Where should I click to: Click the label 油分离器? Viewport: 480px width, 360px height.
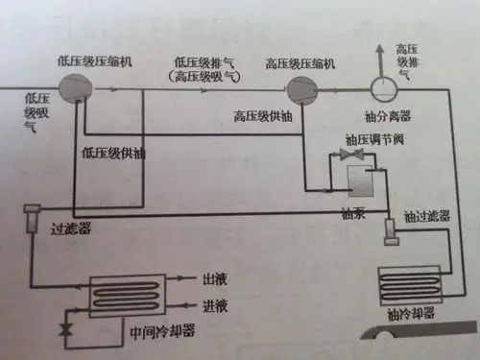393,114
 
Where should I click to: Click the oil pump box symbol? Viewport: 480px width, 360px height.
359,182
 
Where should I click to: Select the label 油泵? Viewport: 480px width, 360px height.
348,212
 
